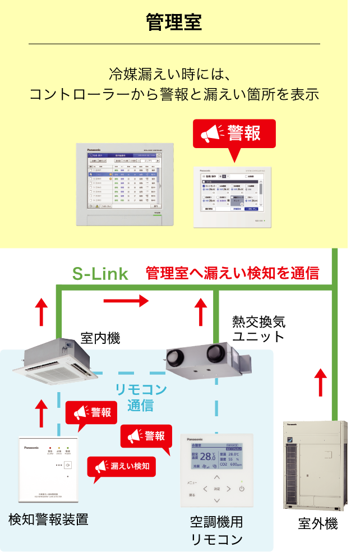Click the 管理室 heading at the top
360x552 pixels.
(x=174, y=23)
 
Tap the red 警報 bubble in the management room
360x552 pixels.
(x=234, y=134)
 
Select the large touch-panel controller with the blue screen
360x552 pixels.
(x=125, y=184)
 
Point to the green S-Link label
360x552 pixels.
(x=100, y=274)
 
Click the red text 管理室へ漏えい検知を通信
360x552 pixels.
(x=232, y=273)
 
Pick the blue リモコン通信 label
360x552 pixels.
(x=140, y=397)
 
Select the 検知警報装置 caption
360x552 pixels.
(x=48, y=519)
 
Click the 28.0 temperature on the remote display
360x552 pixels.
(x=207, y=457)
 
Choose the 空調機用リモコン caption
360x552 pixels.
(x=216, y=530)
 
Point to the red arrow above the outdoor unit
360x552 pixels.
(x=320, y=384)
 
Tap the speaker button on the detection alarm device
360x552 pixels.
(x=67, y=464)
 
